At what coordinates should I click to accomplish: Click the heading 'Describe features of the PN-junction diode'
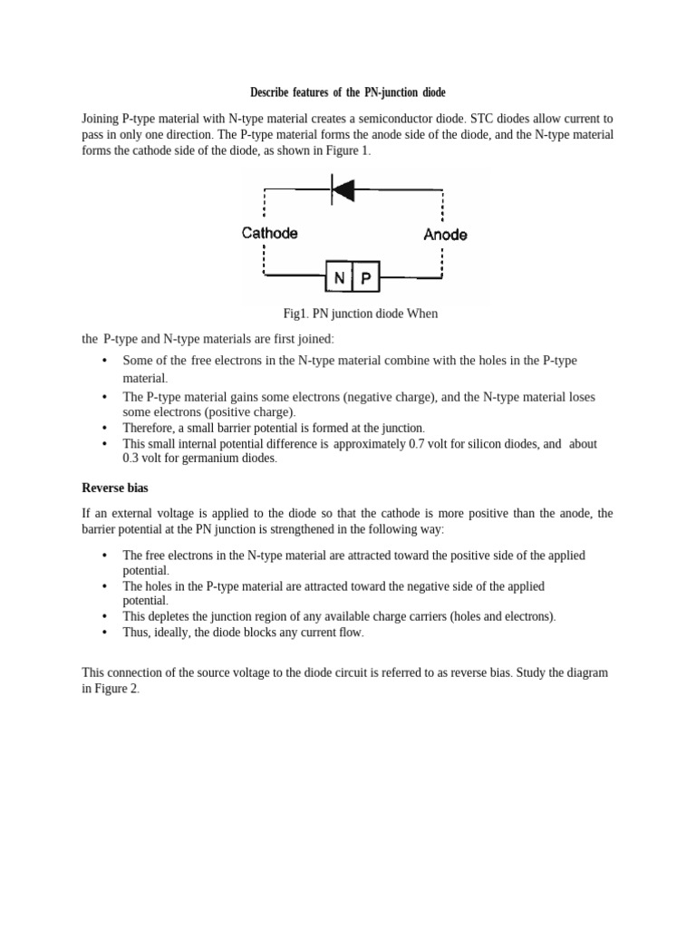pyautogui.click(x=348, y=93)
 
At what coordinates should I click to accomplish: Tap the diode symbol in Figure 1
pyautogui.click(x=343, y=189)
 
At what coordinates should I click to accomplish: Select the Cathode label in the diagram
pyautogui.click(x=270, y=233)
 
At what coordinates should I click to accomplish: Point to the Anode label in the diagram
pyautogui.click(x=445, y=235)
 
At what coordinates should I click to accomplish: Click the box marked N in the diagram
pyautogui.click(x=339, y=278)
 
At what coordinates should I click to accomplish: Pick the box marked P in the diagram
pyautogui.click(x=366, y=278)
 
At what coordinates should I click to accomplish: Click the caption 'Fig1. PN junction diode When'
pyautogui.click(x=360, y=314)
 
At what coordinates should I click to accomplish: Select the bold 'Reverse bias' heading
pyautogui.click(x=115, y=488)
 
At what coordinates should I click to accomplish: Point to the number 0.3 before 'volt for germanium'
pyautogui.click(x=133, y=459)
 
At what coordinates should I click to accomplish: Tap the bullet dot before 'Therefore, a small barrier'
pyautogui.click(x=105, y=428)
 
